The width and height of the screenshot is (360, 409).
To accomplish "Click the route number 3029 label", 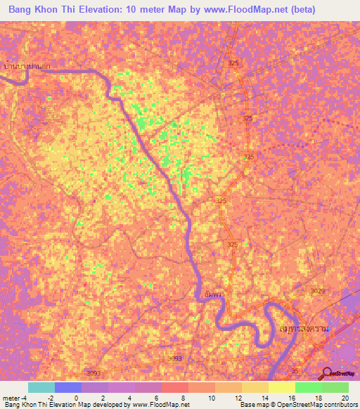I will click(318, 290).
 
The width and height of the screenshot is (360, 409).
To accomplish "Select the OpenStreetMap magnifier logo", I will click(327, 372).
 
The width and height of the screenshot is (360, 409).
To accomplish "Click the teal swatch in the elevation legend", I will click(41, 387).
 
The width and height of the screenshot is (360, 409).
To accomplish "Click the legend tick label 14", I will click(263, 398).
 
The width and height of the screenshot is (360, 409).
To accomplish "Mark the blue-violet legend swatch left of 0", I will click(67, 387).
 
